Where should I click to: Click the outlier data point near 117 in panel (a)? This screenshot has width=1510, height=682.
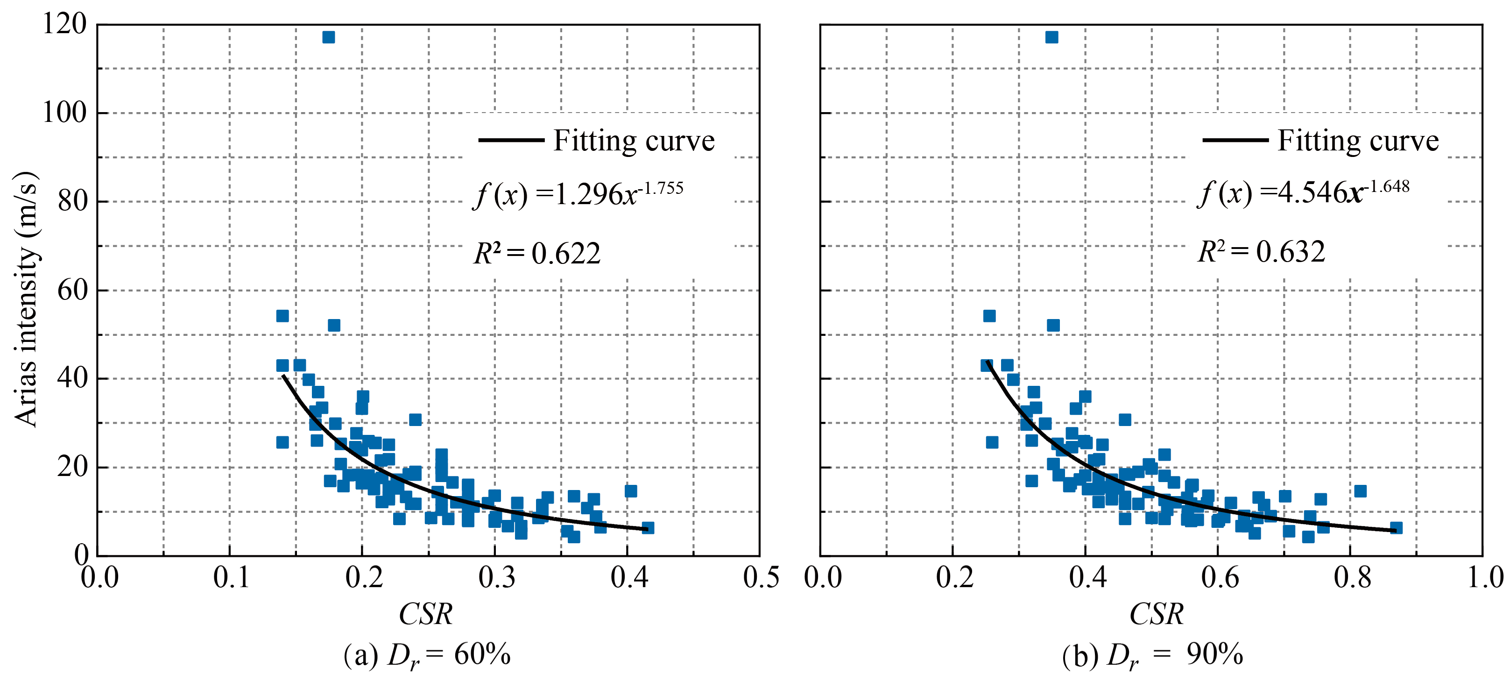pos(328,37)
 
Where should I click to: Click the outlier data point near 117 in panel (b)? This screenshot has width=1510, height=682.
pos(1051,37)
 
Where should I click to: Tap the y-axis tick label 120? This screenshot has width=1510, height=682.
pos(64,25)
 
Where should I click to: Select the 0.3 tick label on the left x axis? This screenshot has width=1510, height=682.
pos(496,578)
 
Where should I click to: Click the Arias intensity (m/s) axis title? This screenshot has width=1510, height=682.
pos(26,299)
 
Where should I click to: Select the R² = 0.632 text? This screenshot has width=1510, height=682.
pos(1261,252)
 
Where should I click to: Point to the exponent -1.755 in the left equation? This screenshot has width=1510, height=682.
pos(661,189)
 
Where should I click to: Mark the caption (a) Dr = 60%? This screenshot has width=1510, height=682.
pos(427,655)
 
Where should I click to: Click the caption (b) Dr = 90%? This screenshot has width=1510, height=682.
pos(1152,655)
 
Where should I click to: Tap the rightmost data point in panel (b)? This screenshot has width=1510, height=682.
pos(1396,528)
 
